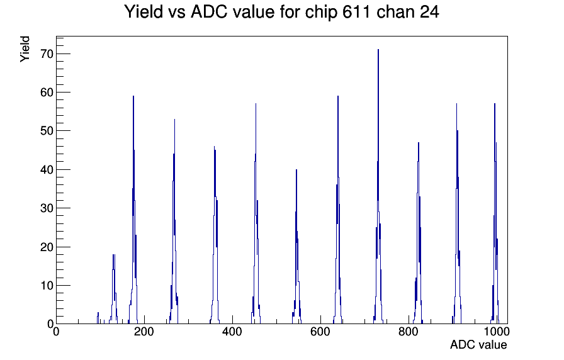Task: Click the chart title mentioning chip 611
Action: tap(281, 12)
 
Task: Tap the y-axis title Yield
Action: tap(25, 49)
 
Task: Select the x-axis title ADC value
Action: tap(478, 344)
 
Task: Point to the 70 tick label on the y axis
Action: tap(47, 54)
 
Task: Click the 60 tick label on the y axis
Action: tap(47, 93)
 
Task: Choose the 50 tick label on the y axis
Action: tap(47, 131)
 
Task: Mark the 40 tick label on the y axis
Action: tap(47, 169)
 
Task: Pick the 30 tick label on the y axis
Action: tap(47, 208)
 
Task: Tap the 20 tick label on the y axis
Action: tap(47, 247)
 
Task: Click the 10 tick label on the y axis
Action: tap(47, 286)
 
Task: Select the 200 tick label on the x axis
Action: tap(144, 331)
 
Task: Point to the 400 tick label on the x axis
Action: tap(232, 331)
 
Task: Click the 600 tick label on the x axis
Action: tap(320, 331)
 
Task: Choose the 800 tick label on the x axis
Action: tap(409, 331)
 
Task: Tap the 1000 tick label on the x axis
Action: tap(497, 331)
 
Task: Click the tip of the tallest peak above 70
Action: tap(378, 50)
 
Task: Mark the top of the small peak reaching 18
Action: tap(114, 255)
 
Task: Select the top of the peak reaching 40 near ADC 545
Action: tap(296, 169)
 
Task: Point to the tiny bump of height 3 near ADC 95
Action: tap(98, 313)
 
